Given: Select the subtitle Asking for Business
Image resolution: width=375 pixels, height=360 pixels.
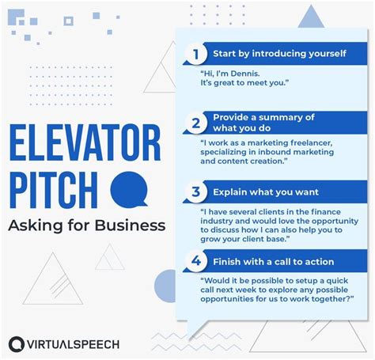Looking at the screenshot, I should (87, 225).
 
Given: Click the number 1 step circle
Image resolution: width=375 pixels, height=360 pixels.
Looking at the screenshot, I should (193, 55).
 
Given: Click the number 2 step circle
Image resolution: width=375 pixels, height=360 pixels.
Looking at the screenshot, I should (193, 123).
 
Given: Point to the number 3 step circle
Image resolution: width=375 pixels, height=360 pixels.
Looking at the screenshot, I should (193, 192).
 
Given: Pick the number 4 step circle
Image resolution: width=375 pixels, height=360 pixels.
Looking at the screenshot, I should (193, 262).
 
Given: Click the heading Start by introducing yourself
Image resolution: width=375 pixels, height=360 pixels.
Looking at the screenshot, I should (278, 55).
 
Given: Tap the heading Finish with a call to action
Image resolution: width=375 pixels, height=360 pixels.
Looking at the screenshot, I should (273, 262).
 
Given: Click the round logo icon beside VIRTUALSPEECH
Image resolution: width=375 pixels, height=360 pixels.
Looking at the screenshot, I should (17, 344).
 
